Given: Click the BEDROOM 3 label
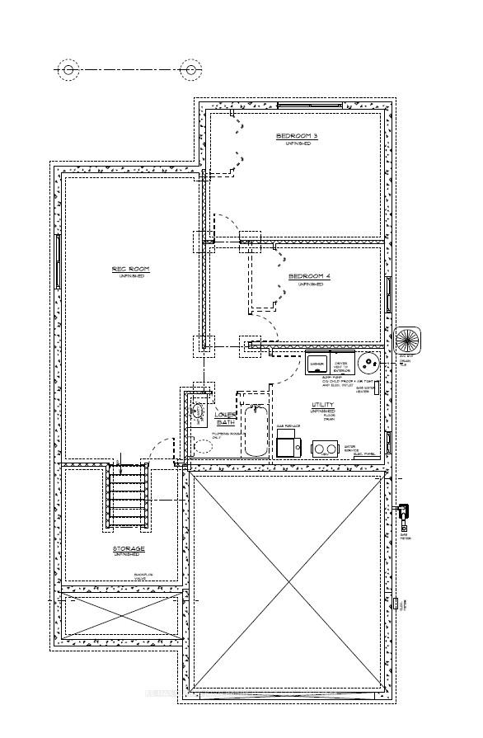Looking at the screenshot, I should coord(297,136).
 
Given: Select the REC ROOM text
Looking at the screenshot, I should coord(129,270).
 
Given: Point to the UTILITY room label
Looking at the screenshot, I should coord(322,405).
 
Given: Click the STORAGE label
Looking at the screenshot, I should coord(129,548).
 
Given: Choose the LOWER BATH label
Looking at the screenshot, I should coord(225,417).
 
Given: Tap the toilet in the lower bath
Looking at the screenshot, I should coord(201,447).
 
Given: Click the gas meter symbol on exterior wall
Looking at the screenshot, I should coord(403,515).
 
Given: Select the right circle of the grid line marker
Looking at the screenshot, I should coord(191,70).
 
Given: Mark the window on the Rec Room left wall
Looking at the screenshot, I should coord(58,261).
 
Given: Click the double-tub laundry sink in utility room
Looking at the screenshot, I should coord(325,448).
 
